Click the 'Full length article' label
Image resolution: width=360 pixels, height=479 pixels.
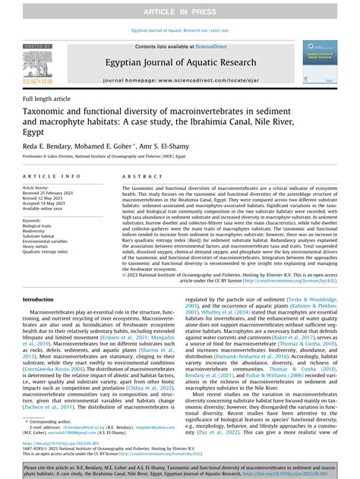pyautogui.click(x=49, y=99)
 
